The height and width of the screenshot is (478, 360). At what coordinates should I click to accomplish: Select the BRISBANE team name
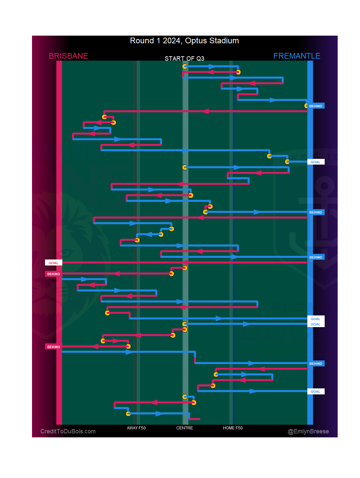pos(68,56)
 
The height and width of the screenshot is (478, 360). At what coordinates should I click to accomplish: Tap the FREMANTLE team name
pos(297,56)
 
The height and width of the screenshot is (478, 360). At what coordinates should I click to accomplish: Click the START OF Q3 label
pos(184,59)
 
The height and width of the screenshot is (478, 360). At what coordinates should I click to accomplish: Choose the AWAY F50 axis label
pos(136,428)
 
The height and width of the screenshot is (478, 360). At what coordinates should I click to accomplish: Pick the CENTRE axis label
pos(185,428)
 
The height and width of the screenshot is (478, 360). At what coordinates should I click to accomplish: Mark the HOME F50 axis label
pos(233,428)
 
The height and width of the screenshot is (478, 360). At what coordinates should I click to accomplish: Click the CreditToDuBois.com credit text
pos(68,431)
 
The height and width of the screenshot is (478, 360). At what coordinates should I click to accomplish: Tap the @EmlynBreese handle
pos(308,431)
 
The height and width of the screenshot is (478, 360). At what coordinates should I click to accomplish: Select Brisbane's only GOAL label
pos(53,263)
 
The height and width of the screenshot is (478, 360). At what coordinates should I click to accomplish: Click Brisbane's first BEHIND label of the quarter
pos(53,274)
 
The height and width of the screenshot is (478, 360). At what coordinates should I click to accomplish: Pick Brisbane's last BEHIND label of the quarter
pos(53,347)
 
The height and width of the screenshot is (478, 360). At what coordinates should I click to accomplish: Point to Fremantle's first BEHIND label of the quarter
pos(316,106)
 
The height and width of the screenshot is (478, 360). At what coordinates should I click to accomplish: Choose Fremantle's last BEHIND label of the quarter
pos(316,363)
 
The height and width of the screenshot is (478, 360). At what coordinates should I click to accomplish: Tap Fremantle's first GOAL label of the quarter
pos(316,162)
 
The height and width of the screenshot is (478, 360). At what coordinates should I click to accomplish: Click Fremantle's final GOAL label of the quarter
pos(316,391)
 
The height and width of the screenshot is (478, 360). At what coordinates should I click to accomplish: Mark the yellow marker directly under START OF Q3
pos(185,66)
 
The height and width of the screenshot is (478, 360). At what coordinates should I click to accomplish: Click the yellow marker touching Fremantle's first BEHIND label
pos(306,106)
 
